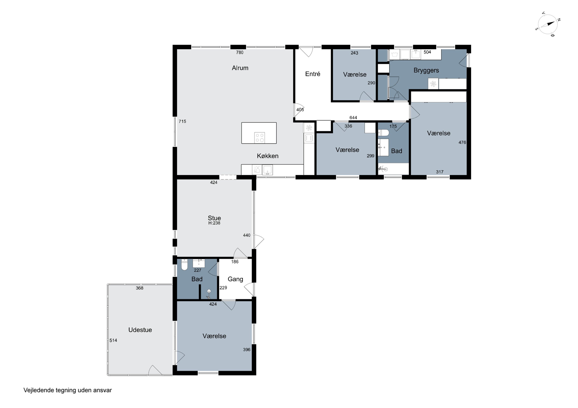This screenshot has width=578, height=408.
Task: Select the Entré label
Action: pos(313,74)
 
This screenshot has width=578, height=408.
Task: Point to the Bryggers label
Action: pos(426,70)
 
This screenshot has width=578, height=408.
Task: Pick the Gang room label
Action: pos(235,279)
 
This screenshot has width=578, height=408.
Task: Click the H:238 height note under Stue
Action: pos(214,223)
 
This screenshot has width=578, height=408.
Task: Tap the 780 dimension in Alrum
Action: pos(240,52)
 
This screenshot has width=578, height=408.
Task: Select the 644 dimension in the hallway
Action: pos(353,118)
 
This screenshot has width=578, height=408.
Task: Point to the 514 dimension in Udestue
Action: pos(113,340)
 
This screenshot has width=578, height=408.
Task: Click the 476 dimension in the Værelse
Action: pos(462,142)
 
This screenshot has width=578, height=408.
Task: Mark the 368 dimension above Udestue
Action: pos(139,288)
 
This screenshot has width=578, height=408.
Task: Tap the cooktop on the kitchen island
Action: pos(260,138)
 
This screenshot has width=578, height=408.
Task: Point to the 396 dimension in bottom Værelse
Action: pos(247,350)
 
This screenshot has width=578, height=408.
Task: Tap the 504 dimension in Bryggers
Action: pos(427,52)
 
